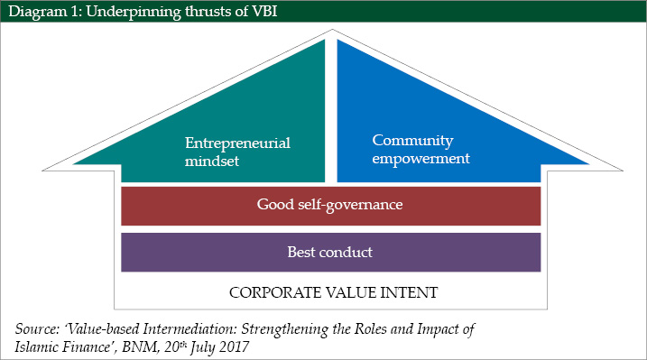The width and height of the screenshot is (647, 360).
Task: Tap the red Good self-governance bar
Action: pos(330,206)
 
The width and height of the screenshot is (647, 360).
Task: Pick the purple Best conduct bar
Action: pos(330,252)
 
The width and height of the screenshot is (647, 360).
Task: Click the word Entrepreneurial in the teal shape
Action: pos(239,143)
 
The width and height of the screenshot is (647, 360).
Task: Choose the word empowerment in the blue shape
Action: pos(421,158)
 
